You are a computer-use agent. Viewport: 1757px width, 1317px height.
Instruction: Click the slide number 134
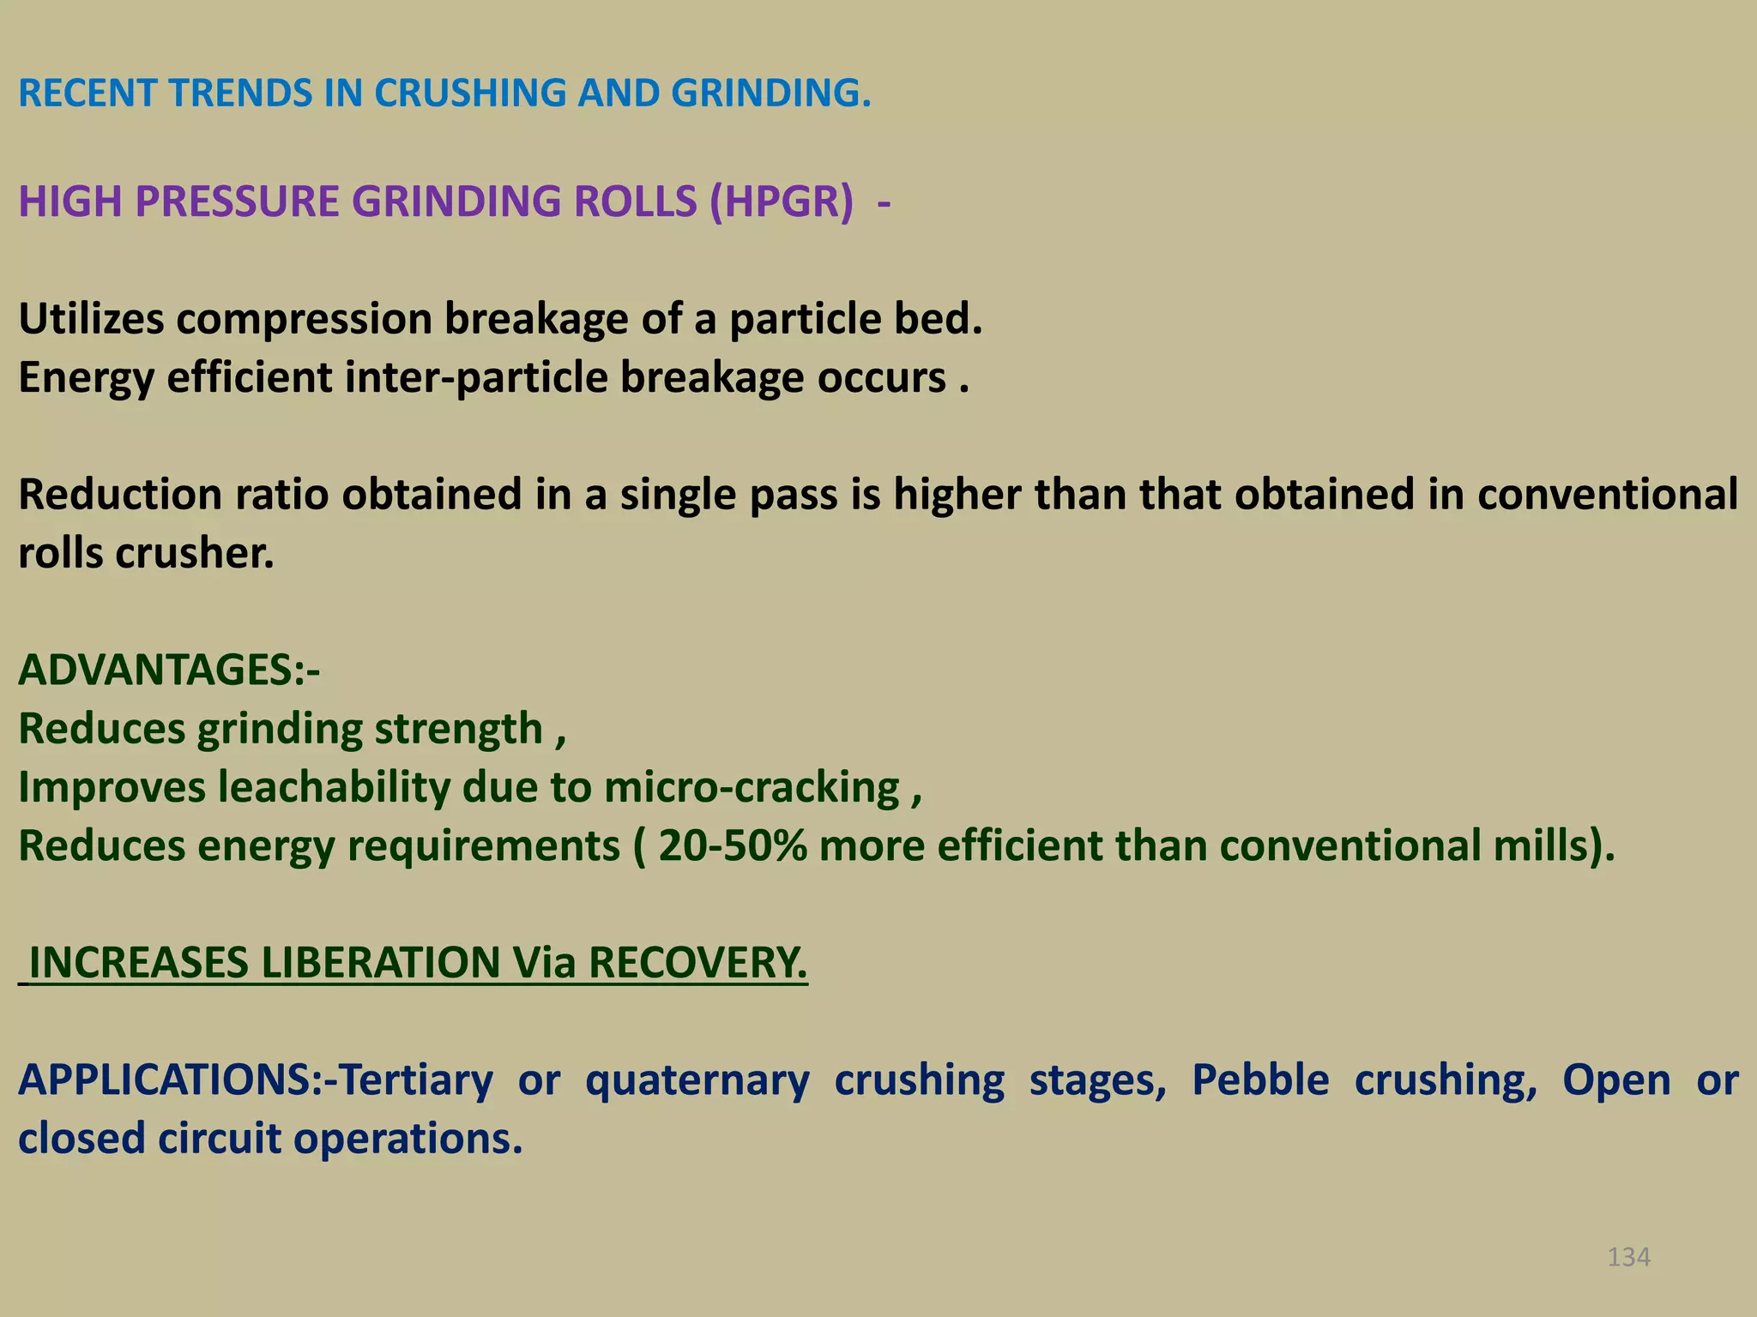click(1628, 1257)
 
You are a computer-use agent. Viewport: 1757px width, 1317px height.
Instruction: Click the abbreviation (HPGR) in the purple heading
click(782, 202)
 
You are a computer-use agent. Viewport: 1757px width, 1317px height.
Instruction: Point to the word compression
click(304, 320)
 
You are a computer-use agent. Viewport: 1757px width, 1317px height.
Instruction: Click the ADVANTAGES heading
click(168, 671)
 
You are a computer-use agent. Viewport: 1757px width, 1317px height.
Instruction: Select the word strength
click(458, 730)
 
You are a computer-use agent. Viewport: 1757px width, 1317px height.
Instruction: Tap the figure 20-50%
click(733, 846)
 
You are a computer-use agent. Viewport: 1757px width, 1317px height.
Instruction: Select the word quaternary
click(697, 1080)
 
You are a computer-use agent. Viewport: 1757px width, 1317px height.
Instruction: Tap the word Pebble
click(1260, 1080)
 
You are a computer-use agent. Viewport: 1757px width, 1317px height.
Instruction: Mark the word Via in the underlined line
click(544, 963)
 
